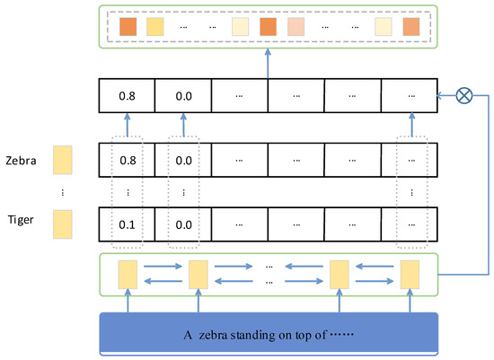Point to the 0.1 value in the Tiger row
point(127,222)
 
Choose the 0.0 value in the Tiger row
point(183,222)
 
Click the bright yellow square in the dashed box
point(155,26)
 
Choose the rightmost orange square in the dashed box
point(411,26)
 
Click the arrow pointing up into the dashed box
point(268,63)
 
